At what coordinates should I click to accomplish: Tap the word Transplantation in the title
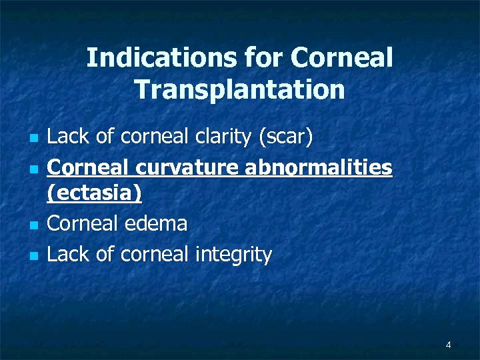(239, 89)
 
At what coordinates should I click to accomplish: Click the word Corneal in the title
(342, 59)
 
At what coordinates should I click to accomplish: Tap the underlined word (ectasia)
(95, 194)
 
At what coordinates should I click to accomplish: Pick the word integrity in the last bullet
(233, 254)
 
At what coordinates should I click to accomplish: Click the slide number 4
(448, 345)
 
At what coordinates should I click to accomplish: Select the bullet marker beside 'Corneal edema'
(33, 225)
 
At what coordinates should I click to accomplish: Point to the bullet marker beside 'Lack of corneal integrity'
(33, 255)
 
